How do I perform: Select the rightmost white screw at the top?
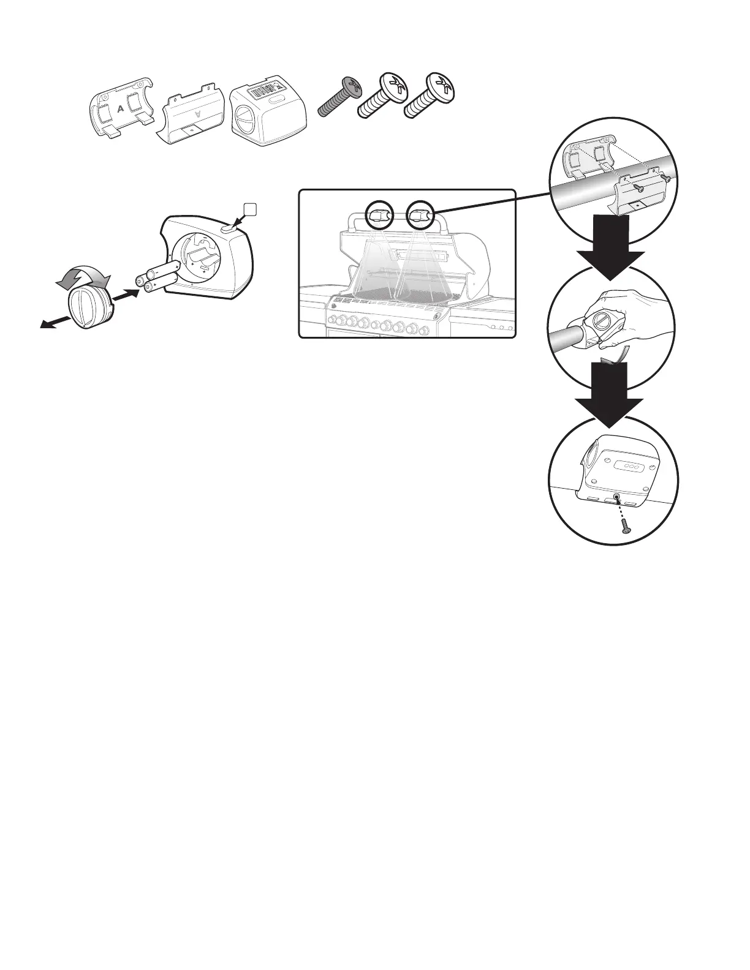pyautogui.click(x=431, y=96)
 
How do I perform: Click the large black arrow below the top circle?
pyautogui.click(x=612, y=245)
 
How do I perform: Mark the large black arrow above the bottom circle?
pyautogui.click(x=609, y=393)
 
